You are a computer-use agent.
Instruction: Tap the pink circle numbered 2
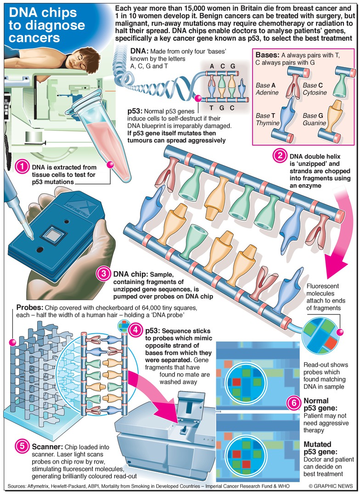pyautogui.click(x=278, y=156)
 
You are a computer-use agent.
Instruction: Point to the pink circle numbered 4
pyautogui.click(x=135, y=330)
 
